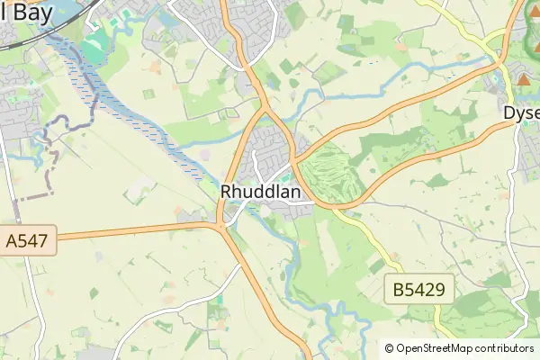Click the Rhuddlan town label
[260, 192]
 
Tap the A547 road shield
[29, 240]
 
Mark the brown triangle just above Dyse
[524, 79]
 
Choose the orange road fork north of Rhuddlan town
[264, 106]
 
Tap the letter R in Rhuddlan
[227, 192]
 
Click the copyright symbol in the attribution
[390, 348]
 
